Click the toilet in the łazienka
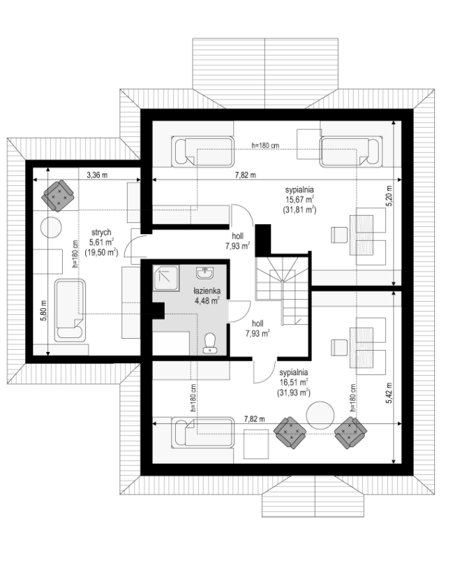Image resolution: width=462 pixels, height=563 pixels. pyautogui.click(x=209, y=343)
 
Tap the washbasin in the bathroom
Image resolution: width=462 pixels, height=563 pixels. pyautogui.click(x=204, y=273)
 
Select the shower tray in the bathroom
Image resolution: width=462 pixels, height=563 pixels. pyautogui.click(x=165, y=278)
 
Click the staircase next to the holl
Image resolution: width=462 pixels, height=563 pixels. pyautogui.click(x=282, y=291)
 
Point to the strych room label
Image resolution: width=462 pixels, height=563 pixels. pyautogui.click(x=101, y=233)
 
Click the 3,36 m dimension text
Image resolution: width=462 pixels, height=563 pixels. pyautogui.click(x=97, y=175)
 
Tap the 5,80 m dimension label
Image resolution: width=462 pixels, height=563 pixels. pyautogui.click(x=43, y=311)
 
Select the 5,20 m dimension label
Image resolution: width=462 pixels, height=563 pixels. pyautogui.click(x=389, y=196)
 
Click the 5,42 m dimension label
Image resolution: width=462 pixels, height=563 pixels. pyautogui.click(x=389, y=393)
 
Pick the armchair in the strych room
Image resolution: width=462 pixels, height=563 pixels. pyautogui.click(x=58, y=196)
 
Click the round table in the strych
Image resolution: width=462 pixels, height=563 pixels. pyautogui.click(x=50, y=227)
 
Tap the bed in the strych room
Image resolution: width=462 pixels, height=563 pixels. pyautogui.click(x=70, y=311)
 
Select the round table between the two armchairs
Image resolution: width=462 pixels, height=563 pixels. pyautogui.click(x=320, y=415)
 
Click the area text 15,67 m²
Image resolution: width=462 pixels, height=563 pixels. pyautogui.click(x=300, y=199)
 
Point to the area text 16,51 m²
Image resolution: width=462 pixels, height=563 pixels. pyautogui.click(x=294, y=382)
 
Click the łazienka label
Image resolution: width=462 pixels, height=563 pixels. pyautogui.click(x=207, y=291)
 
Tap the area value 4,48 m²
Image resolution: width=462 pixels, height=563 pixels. pyautogui.click(x=207, y=300)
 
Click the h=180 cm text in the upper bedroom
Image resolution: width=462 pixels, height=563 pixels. pyautogui.click(x=265, y=145)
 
